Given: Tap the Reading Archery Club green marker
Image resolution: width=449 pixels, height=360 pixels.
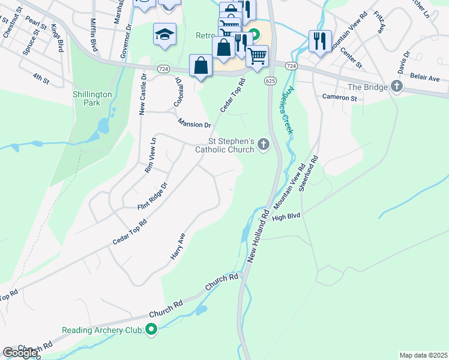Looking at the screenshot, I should click(x=152, y=329).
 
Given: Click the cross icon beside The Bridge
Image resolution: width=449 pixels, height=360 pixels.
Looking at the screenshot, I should click(x=396, y=87).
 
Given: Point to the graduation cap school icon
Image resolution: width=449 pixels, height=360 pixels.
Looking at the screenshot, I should click(x=164, y=35).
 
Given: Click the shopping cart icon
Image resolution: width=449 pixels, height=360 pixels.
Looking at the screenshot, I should click(x=257, y=56).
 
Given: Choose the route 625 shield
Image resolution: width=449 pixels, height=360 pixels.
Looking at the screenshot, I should click(x=270, y=80).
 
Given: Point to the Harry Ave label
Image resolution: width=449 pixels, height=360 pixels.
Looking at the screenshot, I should click(x=178, y=247).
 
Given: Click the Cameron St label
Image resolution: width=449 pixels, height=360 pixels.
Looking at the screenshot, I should click(x=339, y=97).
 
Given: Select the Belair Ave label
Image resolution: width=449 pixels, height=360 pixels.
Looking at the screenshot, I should click(x=426, y=79).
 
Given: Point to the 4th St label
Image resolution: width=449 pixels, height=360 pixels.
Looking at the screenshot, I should click(x=41, y=77).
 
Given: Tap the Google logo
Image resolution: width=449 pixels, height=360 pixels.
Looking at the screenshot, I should click(x=20, y=353).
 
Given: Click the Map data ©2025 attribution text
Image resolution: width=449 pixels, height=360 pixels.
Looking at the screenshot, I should click(x=423, y=355).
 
